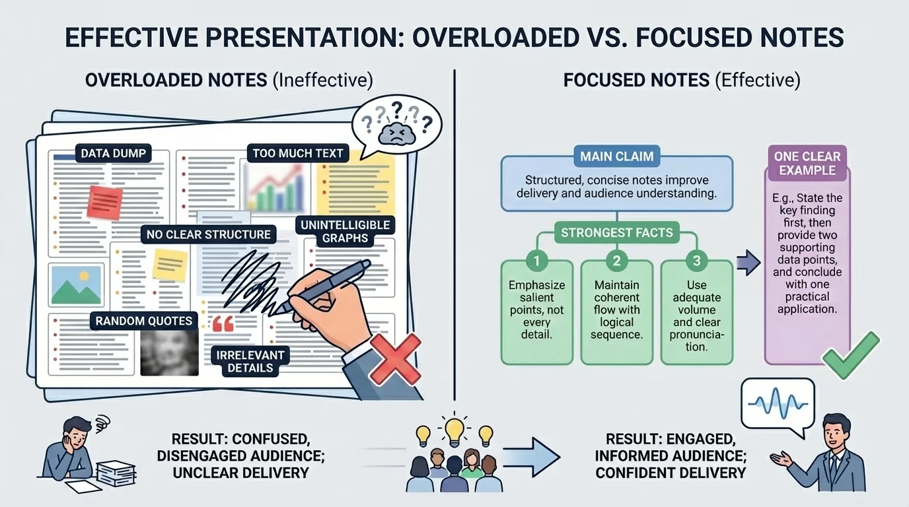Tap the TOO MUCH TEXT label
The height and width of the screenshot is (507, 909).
point(298,154)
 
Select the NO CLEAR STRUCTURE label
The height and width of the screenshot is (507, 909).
point(208,234)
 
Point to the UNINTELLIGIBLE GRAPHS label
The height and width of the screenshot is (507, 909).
point(345,231)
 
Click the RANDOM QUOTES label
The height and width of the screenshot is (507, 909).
point(143,321)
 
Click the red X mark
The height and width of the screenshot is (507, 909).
point(394,358)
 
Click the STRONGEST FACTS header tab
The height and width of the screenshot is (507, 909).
point(616,232)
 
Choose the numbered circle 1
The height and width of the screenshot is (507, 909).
point(536,261)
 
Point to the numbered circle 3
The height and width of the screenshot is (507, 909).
point(696,261)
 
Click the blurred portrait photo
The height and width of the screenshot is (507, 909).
point(170,353)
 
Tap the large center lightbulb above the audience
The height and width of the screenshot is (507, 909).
point(454,430)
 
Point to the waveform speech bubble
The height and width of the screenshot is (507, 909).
point(778,402)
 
